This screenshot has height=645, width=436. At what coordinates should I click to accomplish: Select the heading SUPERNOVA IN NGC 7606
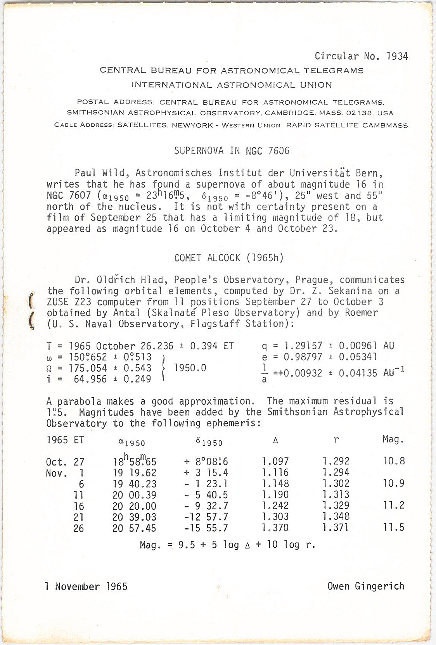click(232, 151)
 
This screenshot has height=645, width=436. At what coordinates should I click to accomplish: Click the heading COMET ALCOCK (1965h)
click(229, 258)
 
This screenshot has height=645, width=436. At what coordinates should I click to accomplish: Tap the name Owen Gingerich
click(365, 586)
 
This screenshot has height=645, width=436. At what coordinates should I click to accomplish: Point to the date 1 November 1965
click(86, 586)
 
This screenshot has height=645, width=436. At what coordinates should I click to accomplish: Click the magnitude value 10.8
click(394, 461)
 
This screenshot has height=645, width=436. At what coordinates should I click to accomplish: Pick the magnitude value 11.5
click(394, 527)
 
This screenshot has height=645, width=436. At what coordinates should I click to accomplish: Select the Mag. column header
click(393, 440)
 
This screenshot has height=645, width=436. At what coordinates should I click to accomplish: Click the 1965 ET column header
click(65, 440)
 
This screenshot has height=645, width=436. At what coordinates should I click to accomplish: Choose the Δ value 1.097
click(275, 461)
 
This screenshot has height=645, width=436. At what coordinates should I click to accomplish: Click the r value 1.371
click(336, 528)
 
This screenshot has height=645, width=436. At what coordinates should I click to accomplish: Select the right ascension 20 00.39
click(134, 495)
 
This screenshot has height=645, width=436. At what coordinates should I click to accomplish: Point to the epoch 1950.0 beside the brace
click(190, 368)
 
